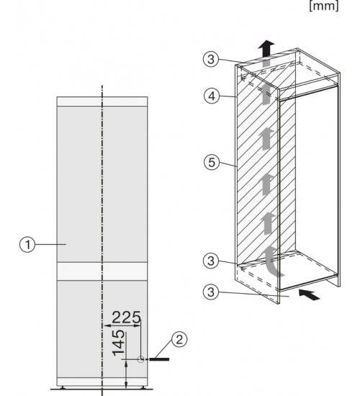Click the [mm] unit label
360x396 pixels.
tap(324, 6)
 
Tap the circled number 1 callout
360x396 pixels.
tap(27, 245)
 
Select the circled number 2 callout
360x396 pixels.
tap(179, 340)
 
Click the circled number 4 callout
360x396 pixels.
tap(212, 96)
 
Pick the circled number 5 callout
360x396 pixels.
tap(212, 162)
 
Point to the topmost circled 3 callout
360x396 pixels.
tap(211, 59)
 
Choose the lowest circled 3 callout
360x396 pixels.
tap(211, 292)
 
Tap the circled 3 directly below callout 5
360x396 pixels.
tap(211, 261)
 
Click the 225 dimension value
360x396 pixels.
tap(126, 318)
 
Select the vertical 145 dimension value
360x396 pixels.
tap(119, 343)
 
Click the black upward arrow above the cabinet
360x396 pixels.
tap(266, 48)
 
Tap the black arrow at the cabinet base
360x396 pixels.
tap(309, 294)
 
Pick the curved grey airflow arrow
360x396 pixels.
tap(273, 263)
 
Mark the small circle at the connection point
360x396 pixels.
tap(140, 359)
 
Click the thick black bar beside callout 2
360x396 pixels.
tap(159, 359)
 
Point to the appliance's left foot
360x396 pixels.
tap(61, 387)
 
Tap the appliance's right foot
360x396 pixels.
tap(143, 387)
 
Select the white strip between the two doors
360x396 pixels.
tap(102, 271)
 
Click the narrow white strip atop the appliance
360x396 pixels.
tap(102, 102)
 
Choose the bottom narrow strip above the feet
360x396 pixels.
tap(102, 382)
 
